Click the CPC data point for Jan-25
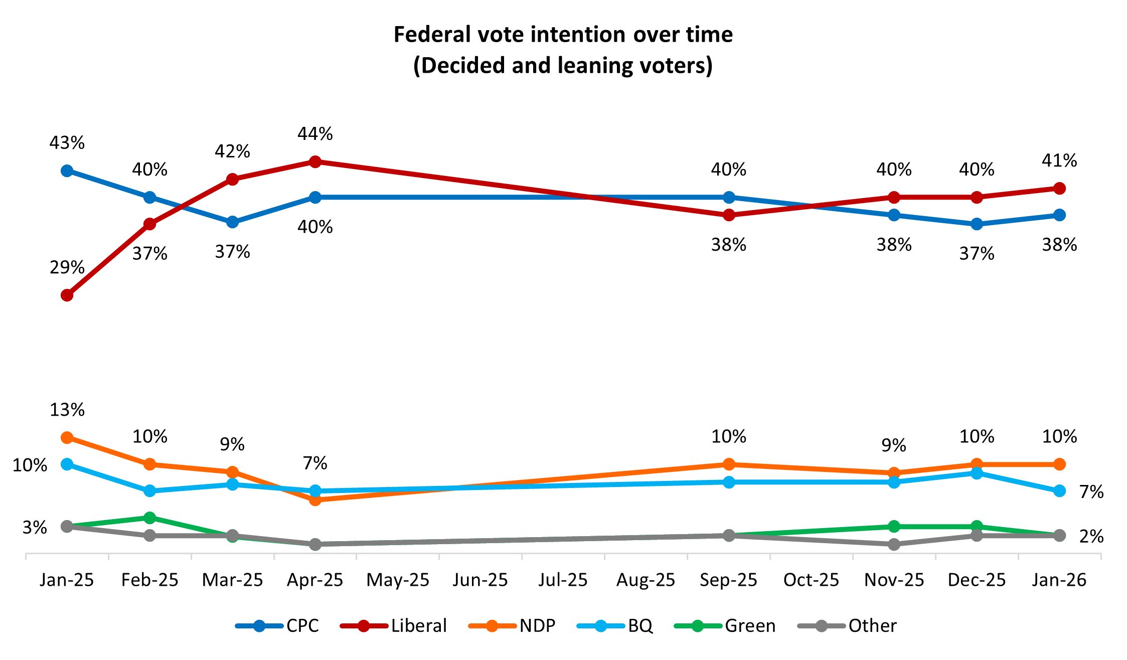click(x=67, y=171)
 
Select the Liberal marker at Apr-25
click(x=315, y=162)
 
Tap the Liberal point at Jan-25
click(x=67, y=295)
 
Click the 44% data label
click(x=315, y=134)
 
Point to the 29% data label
click(x=67, y=267)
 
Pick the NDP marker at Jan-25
click(x=67, y=438)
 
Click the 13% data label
click(x=67, y=410)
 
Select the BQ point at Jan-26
click(x=1059, y=491)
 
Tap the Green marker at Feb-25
click(x=149, y=518)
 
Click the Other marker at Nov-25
click(x=894, y=544)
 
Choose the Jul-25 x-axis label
click(x=563, y=580)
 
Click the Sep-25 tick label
click(x=728, y=580)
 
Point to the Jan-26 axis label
click(x=1059, y=580)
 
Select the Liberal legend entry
click(x=394, y=626)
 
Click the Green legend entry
click(x=725, y=626)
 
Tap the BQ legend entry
click(x=615, y=626)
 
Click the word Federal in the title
click(x=433, y=35)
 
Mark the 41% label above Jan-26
click(x=1059, y=161)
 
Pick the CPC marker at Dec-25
click(x=977, y=224)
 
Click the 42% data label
click(x=232, y=151)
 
